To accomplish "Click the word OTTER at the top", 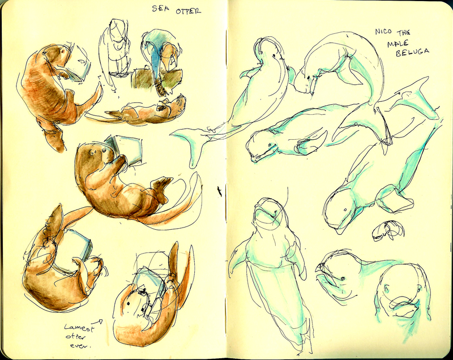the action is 189,11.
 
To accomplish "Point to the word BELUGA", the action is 412,52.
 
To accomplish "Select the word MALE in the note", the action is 398,43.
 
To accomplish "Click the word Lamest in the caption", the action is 79,328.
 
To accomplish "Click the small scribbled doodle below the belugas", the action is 388,231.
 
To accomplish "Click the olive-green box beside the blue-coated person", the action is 142,78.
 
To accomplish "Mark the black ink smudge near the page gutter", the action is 220,191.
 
